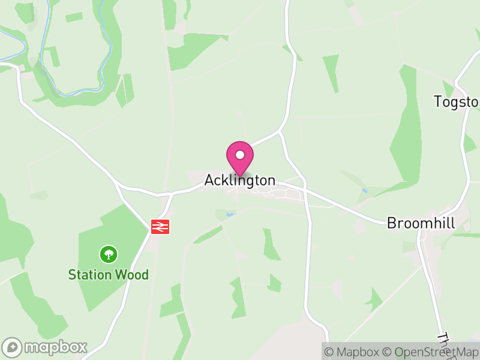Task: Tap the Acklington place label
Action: [x=240, y=180]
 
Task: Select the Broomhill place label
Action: [x=421, y=223]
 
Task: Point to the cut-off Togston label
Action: [x=457, y=102]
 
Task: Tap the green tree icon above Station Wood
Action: [x=108, y=254]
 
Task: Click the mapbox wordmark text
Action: [x=55, y=347]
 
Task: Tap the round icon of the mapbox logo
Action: [x=13, y=347]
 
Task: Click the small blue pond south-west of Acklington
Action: [x=228, y=214]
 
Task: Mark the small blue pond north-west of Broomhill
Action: [x=365, y=191]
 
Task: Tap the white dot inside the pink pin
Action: [x=240, y=155]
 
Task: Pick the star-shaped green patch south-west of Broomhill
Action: [x=373, y=299]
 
